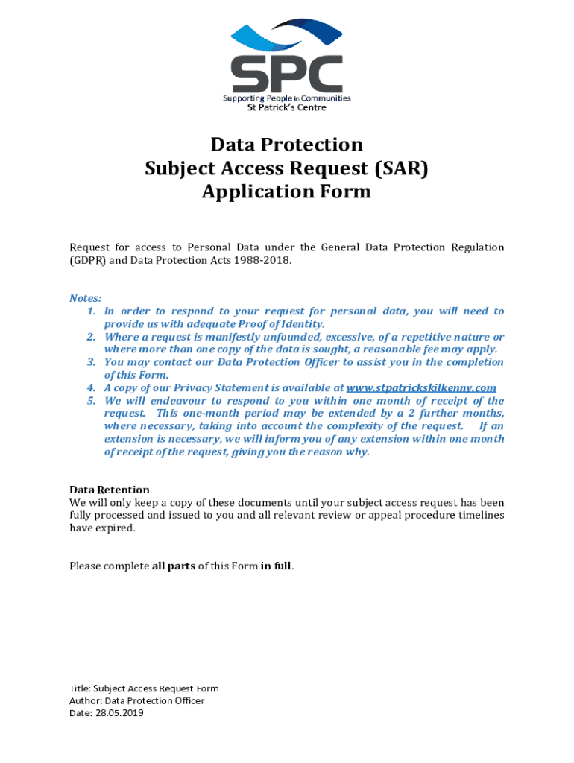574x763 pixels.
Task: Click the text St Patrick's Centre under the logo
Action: click(286, 107)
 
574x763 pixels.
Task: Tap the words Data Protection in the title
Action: click(286, 144)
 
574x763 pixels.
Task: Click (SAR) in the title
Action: click(395, 168)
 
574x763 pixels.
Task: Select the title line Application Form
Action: click(286, 191)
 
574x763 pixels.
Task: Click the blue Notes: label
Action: click(86, 298)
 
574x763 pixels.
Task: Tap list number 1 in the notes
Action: click(91, 311)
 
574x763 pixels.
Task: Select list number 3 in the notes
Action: click(91, 362)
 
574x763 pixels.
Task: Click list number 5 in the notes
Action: click(91, 401)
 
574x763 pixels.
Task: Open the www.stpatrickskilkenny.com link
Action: click(421, 388)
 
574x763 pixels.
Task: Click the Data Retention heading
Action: click(110, 490)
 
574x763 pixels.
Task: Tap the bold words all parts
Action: click(174, 566)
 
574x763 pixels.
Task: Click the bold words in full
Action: click(276, 566)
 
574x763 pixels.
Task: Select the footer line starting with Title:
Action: click(144, 688)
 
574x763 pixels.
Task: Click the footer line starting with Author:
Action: click(136, 700)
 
